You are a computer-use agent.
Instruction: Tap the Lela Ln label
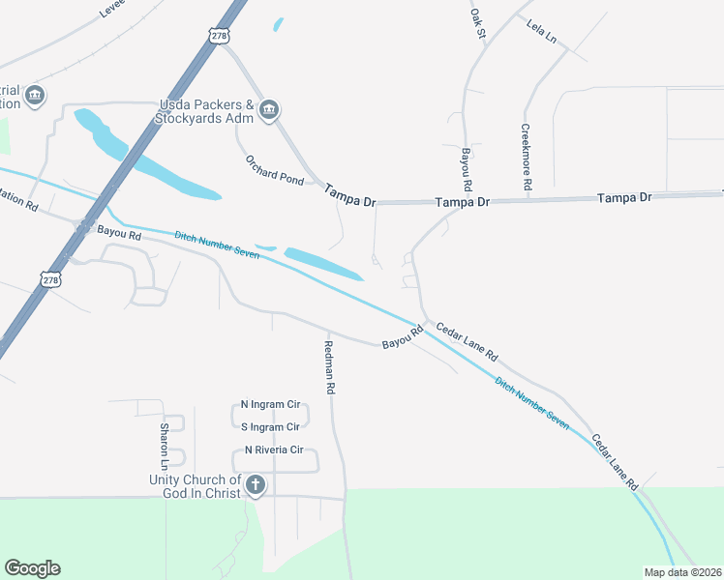[x=542, y=31]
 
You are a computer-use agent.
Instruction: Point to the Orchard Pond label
[x=274, y=170]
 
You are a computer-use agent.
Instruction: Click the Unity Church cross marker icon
[x=256, y=485]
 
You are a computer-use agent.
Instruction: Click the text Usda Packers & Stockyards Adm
[x=206, y=111]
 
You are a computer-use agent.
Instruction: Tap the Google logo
[x=32, y=568]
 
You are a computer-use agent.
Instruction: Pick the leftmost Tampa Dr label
[x=348, y=193]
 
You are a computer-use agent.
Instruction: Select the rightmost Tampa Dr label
[x=625, y=197]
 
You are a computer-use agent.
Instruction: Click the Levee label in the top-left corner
[x=113, y=10]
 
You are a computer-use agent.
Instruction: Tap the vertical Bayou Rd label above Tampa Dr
[x=466, y=169]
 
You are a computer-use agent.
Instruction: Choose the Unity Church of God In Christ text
[x=195, y=486]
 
